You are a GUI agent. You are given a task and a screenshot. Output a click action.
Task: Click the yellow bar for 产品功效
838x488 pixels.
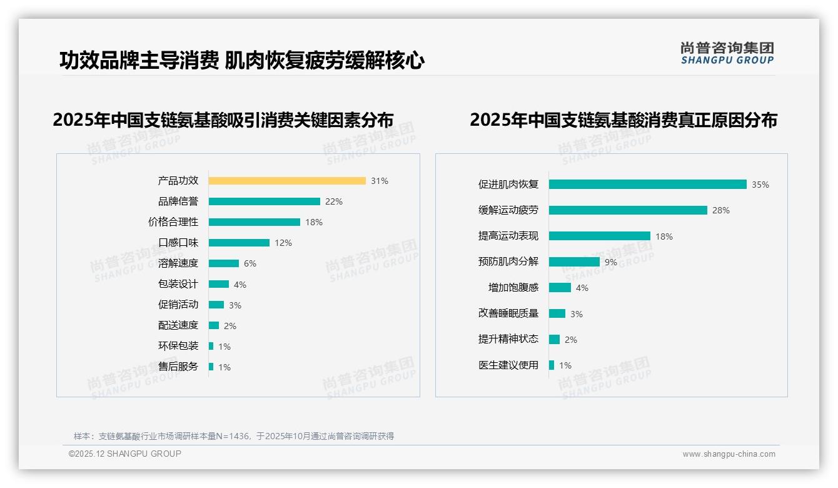(x=287, y=181)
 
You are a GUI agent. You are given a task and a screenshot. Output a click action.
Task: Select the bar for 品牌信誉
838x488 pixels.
(x=264, y=201)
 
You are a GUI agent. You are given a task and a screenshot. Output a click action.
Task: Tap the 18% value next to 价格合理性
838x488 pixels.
(x=314, y=222)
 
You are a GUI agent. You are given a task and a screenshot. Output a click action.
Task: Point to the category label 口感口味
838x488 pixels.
(x=178, y=243)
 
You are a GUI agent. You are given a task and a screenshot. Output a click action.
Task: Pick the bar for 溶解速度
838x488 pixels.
(x=224, y=263)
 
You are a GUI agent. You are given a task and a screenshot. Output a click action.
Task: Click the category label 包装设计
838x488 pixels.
(x=178, y=284)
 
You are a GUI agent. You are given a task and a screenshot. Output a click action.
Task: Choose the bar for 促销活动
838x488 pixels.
(x=216, y=305)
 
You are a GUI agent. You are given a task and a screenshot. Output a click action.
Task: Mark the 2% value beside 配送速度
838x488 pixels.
(x=230, y=326)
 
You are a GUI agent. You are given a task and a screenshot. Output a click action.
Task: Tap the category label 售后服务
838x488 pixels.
(x=178, y=367)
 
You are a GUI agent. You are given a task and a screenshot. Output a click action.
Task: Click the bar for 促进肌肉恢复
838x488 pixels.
(x=647, y=185)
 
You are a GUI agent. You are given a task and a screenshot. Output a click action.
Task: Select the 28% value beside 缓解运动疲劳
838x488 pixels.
(x=720, y=210)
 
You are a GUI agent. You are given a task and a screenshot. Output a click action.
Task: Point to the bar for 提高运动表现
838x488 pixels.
(x=600, y=236)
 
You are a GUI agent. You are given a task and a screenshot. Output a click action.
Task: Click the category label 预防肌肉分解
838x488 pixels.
(x=508, y=262)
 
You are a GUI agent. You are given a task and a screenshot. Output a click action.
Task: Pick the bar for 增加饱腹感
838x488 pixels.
(x=560, y=288)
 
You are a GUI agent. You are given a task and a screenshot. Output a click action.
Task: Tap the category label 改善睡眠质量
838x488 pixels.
(x=508, y=313)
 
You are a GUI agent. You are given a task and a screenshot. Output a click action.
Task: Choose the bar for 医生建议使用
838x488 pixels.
(x=552, y=365)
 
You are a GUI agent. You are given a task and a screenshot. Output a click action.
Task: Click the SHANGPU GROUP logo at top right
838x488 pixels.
(x=727, y=53)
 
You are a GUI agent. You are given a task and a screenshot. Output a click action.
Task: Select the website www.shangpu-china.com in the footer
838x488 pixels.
(x=729, y=454)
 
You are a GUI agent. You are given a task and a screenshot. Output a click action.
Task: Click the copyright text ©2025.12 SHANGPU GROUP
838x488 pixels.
(x=125, y=454)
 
